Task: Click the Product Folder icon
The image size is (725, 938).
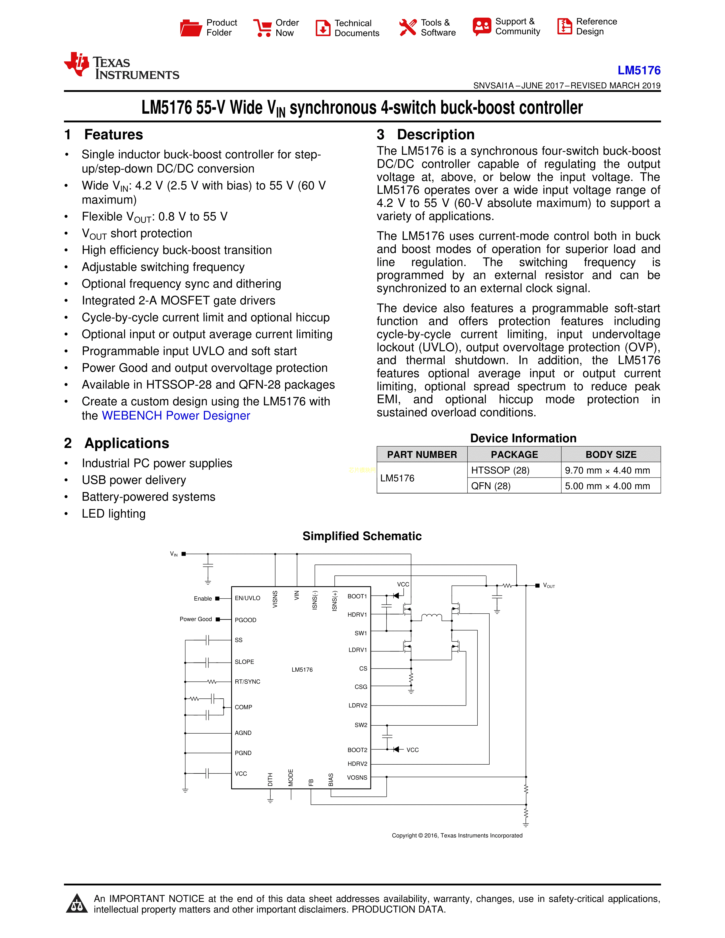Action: pyautogui.click(x=191, y=28)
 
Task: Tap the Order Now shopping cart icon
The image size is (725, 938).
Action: pyautogui.click(x=262, y=28)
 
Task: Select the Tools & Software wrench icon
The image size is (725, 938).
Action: pyautogui.click(x=408, y=28)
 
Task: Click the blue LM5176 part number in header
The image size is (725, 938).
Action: pyautogui.click(x=639, y=70)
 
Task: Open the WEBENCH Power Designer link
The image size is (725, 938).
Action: pyautogui.click(x=176, y=416)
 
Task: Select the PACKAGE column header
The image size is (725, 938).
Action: pyautogui.click(x=514, y=455)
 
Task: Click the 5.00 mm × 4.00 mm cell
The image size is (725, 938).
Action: pyautogui.click(x=607, y=486)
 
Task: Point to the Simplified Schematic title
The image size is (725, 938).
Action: pyautogui.click(x=362, y=536)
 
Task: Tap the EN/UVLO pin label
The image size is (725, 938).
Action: pyautogui.click(x=247, y=598)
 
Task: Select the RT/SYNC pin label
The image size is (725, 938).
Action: pyautogui.click(x=247, y=682)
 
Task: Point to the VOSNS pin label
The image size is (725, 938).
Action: pyautogui.click(x=357, y=777)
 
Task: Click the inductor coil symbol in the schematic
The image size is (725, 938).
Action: pyautogui.click(x=431, y=617)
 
